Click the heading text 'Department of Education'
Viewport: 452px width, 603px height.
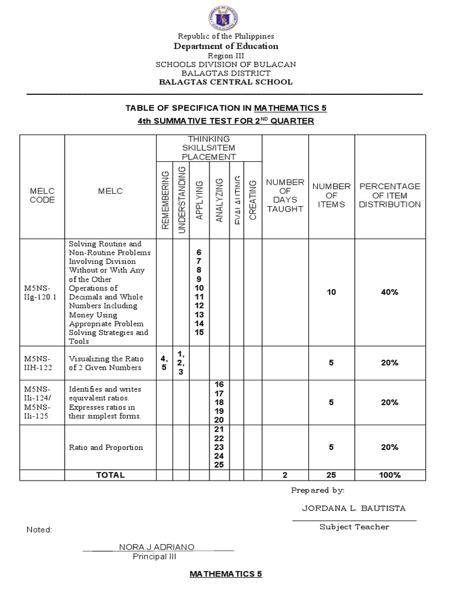click(x=225, y=46)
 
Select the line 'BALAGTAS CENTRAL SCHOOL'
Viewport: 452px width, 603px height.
click(x=225, y=82)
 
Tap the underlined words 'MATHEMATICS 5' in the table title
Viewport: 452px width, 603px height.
click(x=290, y=108)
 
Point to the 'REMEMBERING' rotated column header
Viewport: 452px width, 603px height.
click(x=165, y=200)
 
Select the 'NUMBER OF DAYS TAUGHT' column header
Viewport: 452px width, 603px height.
click(x=285, y=196)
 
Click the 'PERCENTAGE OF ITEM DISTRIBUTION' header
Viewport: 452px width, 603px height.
click(x=390, y=196)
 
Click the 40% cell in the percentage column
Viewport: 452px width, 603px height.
click(x=390, y=292)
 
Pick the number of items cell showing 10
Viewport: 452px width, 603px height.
click(x=331, y=292)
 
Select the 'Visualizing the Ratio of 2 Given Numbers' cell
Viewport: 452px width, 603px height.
click(x=105, y=363)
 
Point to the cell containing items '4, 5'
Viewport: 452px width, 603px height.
click(x=164, y=363)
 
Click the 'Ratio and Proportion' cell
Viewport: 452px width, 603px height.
click(x=106, y=448)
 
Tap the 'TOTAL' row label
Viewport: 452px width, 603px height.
click(x=111, y=475)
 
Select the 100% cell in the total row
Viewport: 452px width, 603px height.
click(x=390, y=475)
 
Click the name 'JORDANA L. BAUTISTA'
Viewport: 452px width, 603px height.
click(x=354, y=508)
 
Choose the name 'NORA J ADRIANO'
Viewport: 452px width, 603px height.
click(x=157, y=547)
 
